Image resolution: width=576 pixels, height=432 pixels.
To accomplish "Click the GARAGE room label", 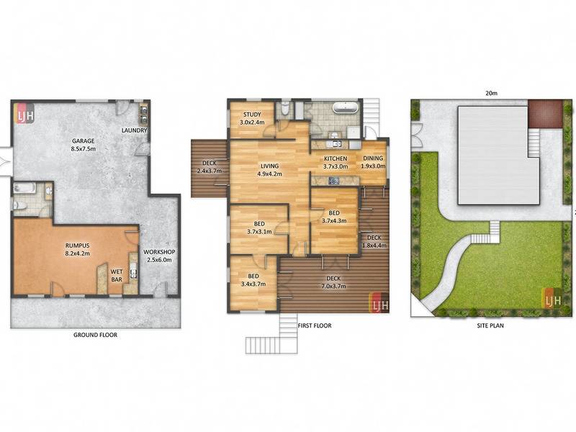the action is (x=84, y=145).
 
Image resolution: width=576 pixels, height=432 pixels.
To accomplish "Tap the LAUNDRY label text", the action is (x=134, y=130).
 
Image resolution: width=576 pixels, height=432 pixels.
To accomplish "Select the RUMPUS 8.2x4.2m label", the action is (x=78, y=249).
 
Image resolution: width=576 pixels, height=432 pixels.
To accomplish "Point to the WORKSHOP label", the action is (x=159, y=256).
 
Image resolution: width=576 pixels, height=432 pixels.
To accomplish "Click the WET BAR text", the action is (x=117, y=276).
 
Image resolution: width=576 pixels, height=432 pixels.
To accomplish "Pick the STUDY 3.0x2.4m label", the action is (x=252, y=119).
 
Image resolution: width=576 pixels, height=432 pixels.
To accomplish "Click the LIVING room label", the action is (x=269, y=170).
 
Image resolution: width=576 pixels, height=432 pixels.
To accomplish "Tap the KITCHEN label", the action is (x=336, y=158).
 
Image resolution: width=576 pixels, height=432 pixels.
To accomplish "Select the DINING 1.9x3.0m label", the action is (x=373, y=162).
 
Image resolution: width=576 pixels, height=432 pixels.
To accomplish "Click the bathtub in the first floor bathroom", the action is (x=346, y=107).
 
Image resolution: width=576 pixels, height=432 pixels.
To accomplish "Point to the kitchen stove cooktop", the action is (x=333, y=181).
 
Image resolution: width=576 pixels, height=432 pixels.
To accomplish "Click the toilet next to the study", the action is (x=284, y=109).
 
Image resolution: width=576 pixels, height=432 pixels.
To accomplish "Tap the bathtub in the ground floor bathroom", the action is (x=24, y=189).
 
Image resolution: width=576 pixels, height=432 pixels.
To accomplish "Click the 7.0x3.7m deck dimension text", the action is (x=333, y=286).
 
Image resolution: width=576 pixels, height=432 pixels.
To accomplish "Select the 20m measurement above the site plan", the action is (x=491, y=94).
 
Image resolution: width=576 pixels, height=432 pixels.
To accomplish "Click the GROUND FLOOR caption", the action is (x=96, y=335).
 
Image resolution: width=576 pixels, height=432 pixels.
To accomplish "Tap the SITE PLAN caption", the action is (x=490, y=325).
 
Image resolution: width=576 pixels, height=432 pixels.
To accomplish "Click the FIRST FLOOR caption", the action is (x=315, y=325).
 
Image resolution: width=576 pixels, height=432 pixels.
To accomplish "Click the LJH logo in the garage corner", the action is (x=24, y=113).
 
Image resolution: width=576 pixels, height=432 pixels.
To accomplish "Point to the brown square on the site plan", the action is (x=546, y=114).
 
